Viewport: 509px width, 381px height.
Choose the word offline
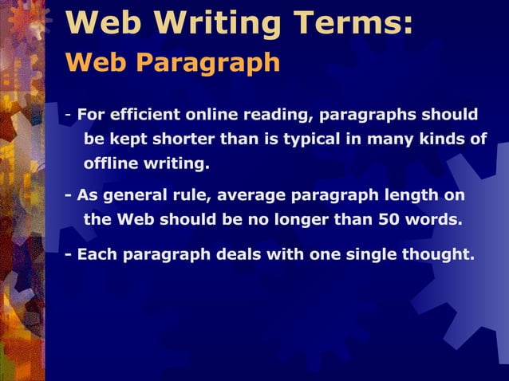(110, 165)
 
